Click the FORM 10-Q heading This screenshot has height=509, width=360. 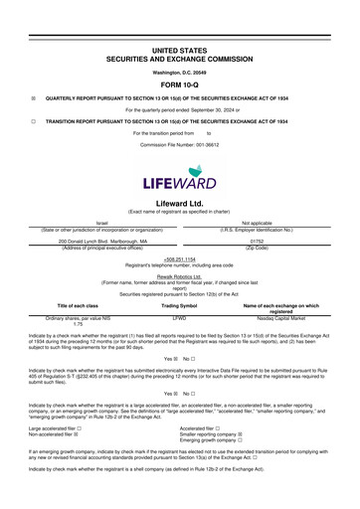(180, 83)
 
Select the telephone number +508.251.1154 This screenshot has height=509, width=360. (180, 257)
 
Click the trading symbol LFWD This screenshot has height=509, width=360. (180, 317)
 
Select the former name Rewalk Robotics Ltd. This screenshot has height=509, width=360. (180, 276)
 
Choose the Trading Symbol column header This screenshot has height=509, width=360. (180, 304)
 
